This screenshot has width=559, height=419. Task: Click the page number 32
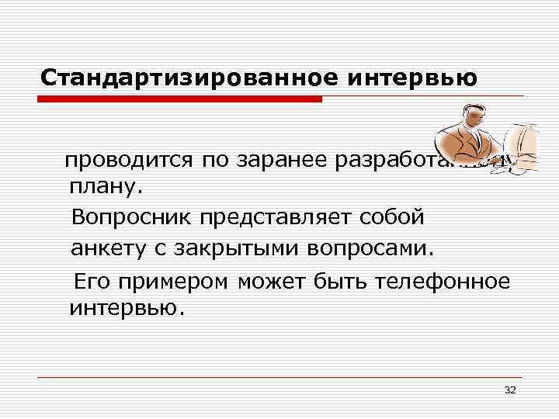click(x=510, y=389)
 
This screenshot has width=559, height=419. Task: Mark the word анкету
click(x=107, y=250)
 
